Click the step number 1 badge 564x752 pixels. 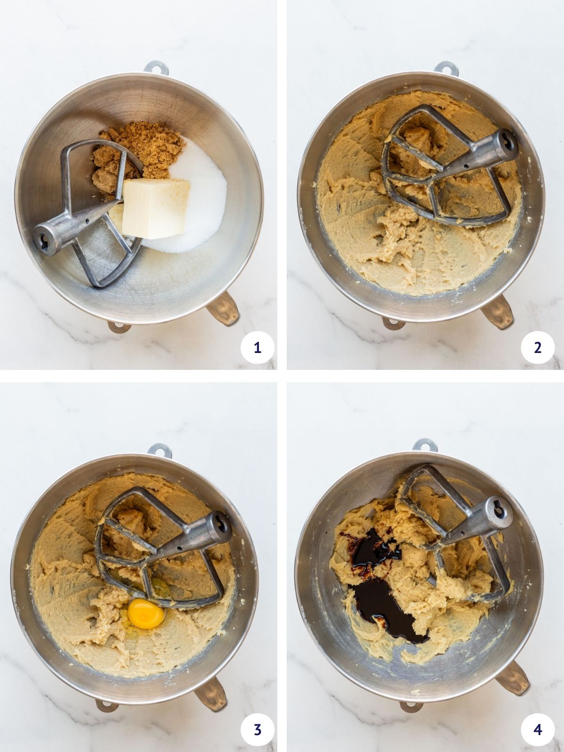pyautogui.click(x=257, y=347)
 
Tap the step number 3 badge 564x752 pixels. pyautogui.click(x=257, y=730)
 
